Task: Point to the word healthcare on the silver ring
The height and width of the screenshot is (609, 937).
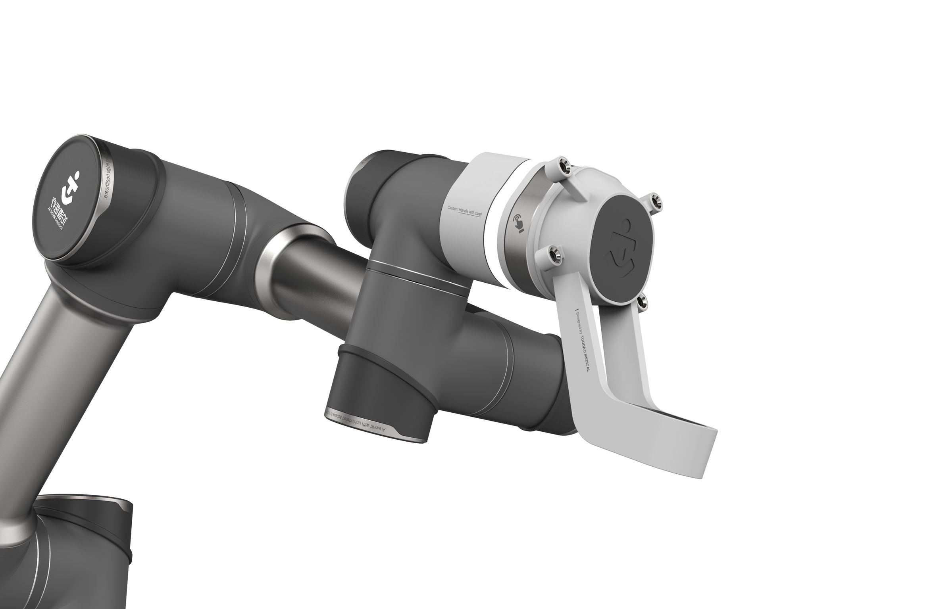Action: click(106, 187)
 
